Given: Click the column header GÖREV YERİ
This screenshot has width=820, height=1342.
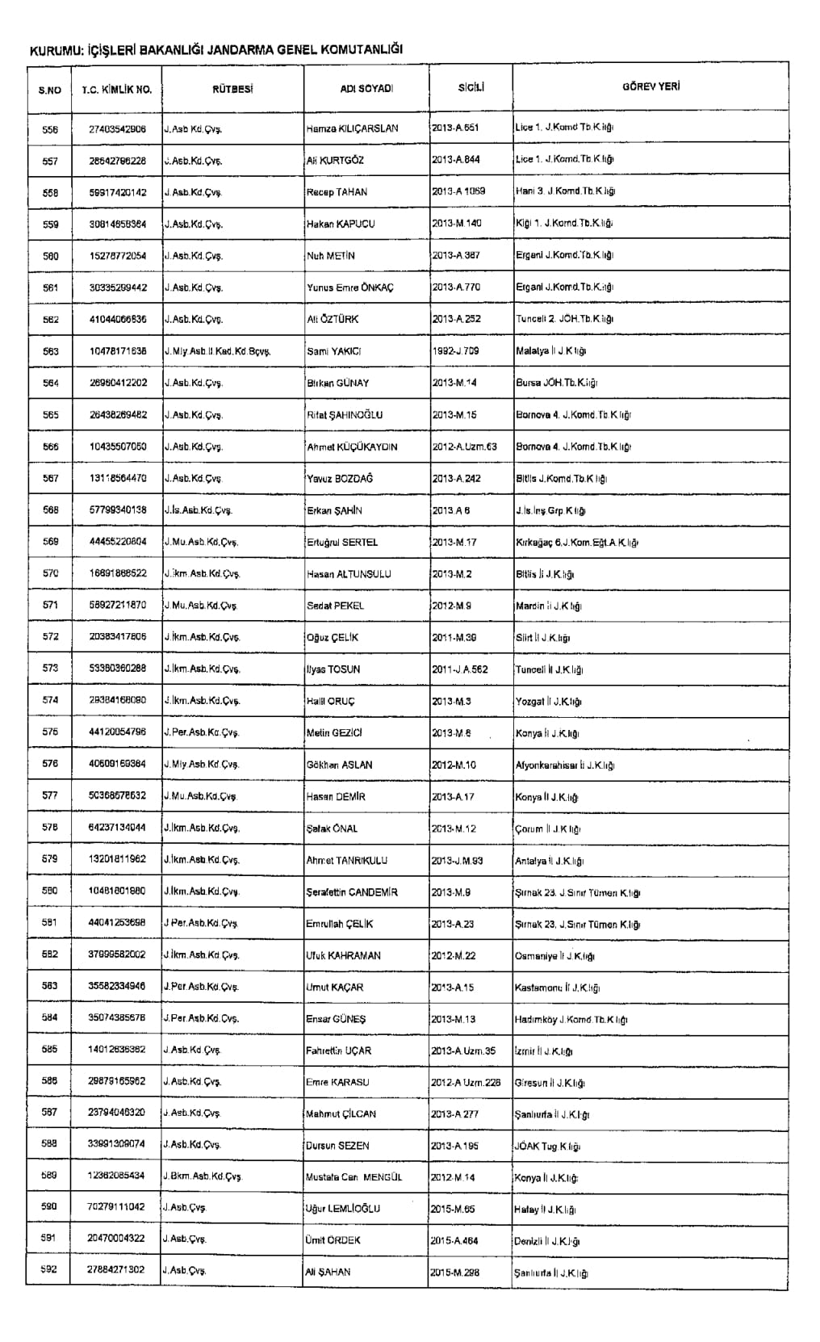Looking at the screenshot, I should tap(651, 86).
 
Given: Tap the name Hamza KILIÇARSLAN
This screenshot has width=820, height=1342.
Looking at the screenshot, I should tap(352, 128).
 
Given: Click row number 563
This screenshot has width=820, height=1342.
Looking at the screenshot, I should tap(50, 351).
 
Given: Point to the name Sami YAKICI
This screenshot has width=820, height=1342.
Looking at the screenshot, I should tap(333, 351).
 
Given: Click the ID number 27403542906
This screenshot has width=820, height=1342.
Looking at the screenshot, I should tap(117, 128).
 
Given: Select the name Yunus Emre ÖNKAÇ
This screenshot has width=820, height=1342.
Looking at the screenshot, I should tap(349, 287).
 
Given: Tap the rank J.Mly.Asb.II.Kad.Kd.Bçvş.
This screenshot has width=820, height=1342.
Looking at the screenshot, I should tap(216, 351).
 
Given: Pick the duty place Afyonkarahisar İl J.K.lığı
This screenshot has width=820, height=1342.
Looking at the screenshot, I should tap(565, 765).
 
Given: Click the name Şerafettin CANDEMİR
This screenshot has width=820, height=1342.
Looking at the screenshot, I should tap(352, 892).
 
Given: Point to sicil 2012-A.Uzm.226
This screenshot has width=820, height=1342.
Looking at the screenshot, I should tap(466, 1083).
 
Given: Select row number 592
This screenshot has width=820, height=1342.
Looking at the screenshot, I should tap(50, 1270).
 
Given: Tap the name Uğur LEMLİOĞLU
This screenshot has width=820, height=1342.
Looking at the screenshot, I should tap(343, 1209).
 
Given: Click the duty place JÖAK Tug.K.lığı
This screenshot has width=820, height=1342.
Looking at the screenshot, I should tap(548, 1146).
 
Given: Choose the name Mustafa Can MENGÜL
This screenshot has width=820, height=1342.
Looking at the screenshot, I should tap(354, 1177).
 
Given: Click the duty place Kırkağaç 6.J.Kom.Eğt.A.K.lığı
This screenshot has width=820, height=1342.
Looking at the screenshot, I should tap(576, 543).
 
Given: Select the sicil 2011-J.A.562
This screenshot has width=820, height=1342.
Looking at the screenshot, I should tap(459, 669).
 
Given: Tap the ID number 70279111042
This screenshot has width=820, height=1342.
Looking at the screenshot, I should tap(117, 1207).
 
